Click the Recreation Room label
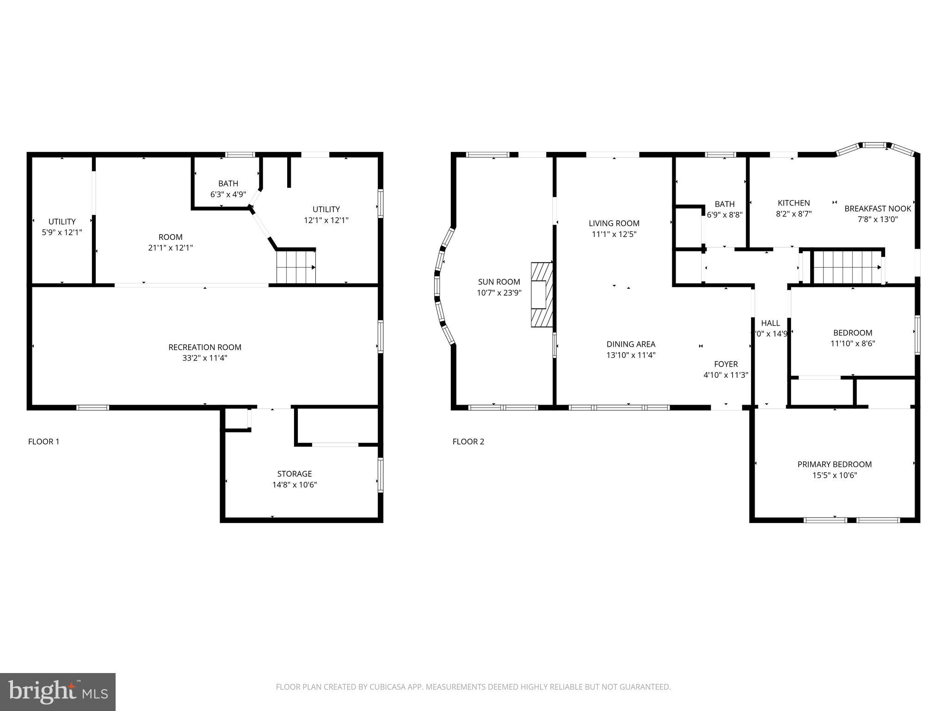(204, 347)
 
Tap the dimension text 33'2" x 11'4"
(204, 358)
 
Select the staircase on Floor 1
(296, 267)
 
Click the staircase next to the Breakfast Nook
(847, 267)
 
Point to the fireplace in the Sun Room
(542, 295)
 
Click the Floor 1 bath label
(228, 184)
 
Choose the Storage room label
(294, 474)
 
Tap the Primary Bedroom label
(834, 464)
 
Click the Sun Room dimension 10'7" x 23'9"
(499, 293)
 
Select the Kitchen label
(793, 203)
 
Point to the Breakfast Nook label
(877, 208)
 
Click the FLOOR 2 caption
(468, 442)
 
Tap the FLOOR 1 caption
(43, 442)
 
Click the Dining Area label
(631, 344)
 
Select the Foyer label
(726, 364)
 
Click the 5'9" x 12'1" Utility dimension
(62, 232)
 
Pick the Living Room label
(614, 223)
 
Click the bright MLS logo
(58, 692)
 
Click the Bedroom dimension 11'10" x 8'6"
(852, 343)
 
